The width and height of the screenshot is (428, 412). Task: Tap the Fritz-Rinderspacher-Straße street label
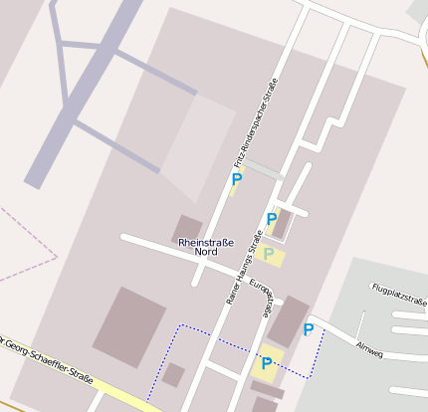point(256,123)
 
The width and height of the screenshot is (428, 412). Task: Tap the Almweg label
point(369,349)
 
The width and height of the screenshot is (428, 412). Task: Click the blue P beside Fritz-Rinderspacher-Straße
point(236,180)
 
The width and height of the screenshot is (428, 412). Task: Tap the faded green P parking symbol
point(269,255)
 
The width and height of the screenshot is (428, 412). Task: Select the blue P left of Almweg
point(309,329)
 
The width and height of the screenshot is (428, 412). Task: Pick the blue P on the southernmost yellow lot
point(266,363)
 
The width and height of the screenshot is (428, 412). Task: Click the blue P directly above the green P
point(271,219)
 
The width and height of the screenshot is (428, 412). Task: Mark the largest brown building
point(129,326)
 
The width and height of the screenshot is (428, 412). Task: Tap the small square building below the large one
point(173,375)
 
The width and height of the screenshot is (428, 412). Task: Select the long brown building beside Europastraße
point(289,320)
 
